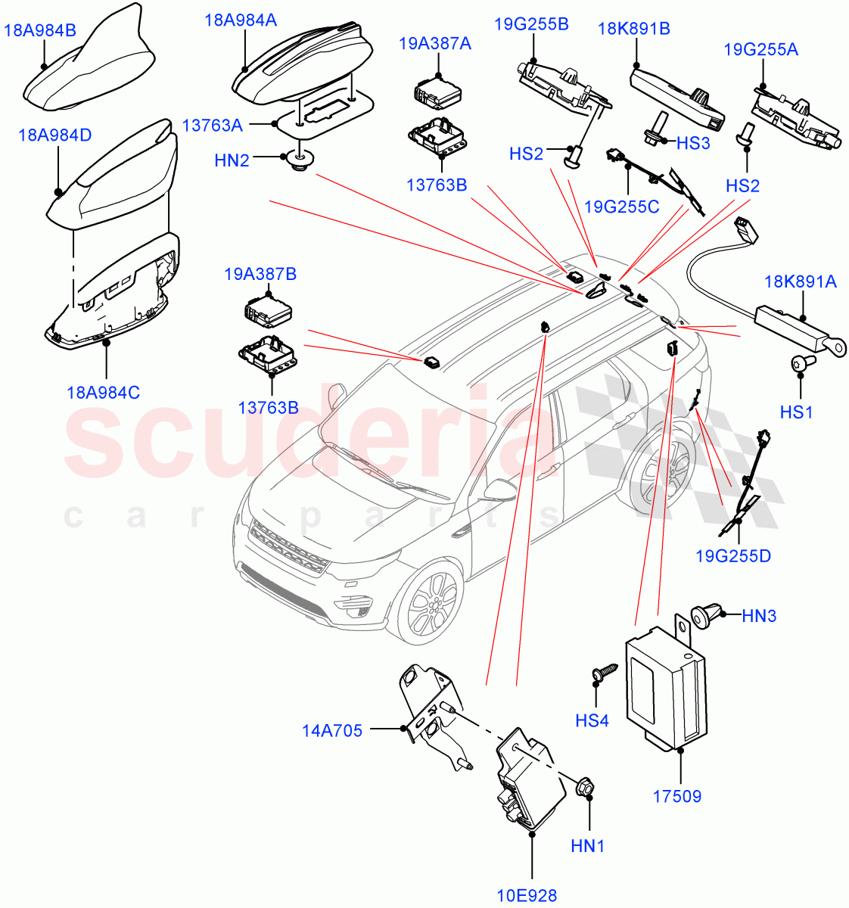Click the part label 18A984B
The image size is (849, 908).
tap(40, 30)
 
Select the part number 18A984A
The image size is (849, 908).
tap(240, 20)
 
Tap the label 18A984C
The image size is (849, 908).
tap(103, 393)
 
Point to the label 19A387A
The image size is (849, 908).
tap(434, 44)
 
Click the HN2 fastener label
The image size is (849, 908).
tap(232, 160)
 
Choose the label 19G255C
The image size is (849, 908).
tap(621, 206)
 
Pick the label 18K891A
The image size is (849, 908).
tap(800, 282)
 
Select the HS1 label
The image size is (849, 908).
tap(796, 412)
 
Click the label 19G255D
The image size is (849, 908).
tap(732, 556)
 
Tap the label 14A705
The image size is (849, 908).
tap(332, 730)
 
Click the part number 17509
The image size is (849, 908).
tap(676, 796)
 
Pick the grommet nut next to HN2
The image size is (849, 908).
tap(297, 160)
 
